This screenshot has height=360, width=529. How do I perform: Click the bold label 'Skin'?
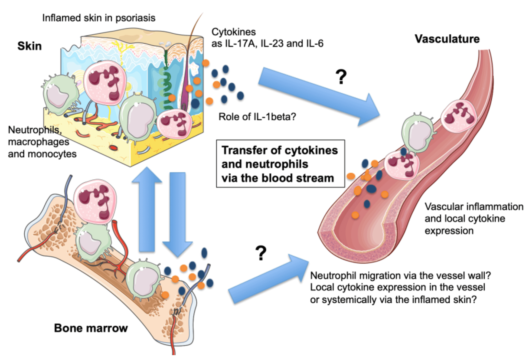point(30,46)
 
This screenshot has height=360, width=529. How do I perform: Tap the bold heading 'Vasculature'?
point(447,39)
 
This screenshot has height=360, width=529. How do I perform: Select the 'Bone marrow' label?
point(91,328)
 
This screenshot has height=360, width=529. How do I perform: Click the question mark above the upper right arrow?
point(341,77)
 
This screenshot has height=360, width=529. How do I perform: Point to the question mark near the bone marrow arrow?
point(261,253)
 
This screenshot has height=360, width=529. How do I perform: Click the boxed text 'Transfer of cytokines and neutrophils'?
point(280,164)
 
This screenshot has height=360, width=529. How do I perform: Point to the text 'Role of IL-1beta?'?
point(257,117)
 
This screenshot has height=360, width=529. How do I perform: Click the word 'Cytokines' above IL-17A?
point(233,32)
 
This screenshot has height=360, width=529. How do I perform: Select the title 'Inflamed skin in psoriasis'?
point(99,18)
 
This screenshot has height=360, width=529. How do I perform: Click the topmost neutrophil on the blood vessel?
point(459,116)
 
